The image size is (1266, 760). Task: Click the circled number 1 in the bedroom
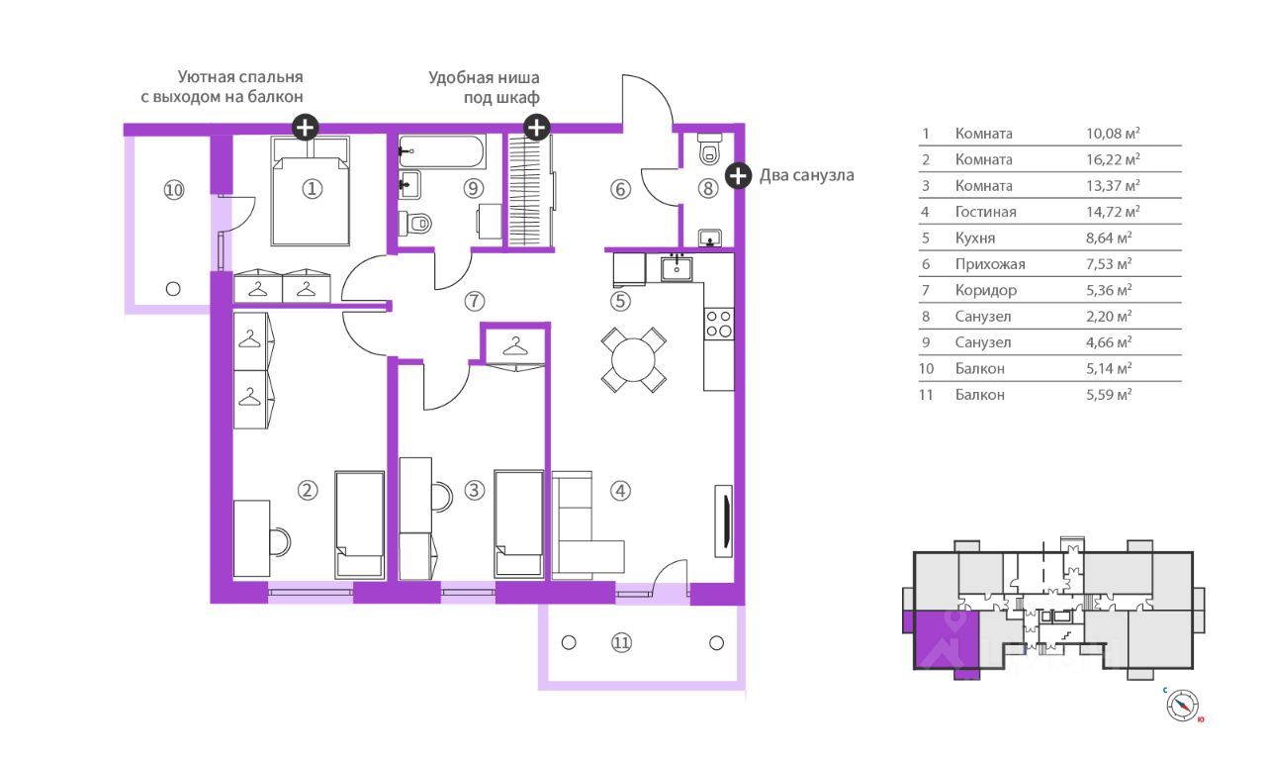(312, 189)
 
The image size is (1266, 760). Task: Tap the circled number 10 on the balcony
(174, 190)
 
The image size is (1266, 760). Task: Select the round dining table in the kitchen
(634, 359)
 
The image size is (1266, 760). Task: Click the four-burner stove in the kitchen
(719, 324)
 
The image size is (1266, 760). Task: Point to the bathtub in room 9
(441, 151)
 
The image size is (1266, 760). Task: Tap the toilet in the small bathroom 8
(709, 148)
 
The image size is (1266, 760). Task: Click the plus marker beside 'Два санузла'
(738, 175)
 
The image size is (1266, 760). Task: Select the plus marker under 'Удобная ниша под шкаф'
(536, 128)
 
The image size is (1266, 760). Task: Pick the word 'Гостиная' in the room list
(985, 212)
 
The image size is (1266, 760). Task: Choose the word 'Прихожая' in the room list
(990, 264)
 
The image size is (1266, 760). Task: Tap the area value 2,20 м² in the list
(1109, 316)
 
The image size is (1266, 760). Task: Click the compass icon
(1182, 706)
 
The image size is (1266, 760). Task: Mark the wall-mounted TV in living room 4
(724, 521)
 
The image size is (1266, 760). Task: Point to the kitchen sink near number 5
(677, 268)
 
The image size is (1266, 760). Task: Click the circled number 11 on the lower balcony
(621, 643)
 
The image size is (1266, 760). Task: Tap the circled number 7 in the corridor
(474, 302)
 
